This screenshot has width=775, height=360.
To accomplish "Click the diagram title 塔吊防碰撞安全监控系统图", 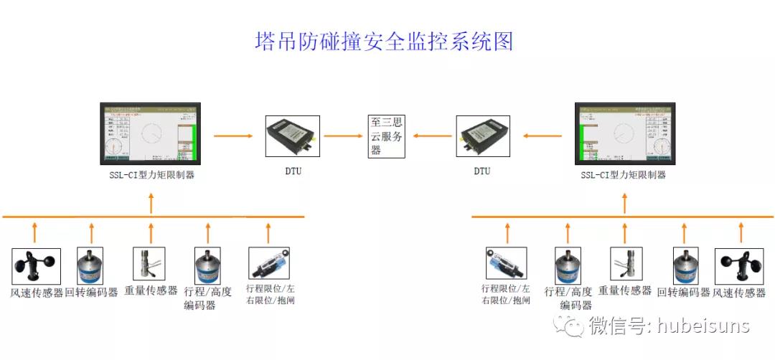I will point(385,41).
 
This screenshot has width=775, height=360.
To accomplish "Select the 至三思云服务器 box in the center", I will point(387,136).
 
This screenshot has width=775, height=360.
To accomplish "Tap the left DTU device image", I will point(292,136).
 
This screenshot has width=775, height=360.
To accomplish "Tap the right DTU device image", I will point(483,136).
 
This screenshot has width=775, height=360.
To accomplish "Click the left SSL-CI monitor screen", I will point(150,136).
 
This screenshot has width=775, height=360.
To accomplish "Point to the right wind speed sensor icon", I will point(739,266).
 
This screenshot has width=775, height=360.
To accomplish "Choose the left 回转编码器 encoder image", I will point(90,266).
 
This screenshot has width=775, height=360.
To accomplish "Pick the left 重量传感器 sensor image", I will point(149,266).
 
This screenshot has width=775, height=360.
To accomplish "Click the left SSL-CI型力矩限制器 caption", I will point(150,175).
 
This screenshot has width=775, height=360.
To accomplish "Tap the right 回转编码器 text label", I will point(684,292).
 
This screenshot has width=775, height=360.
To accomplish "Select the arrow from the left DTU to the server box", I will point(342,135).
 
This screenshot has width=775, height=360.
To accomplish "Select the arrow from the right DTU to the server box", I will point(432,135).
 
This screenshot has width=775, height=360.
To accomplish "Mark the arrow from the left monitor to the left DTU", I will point(233,135).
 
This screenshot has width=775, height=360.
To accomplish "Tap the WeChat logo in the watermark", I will point(573,327).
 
